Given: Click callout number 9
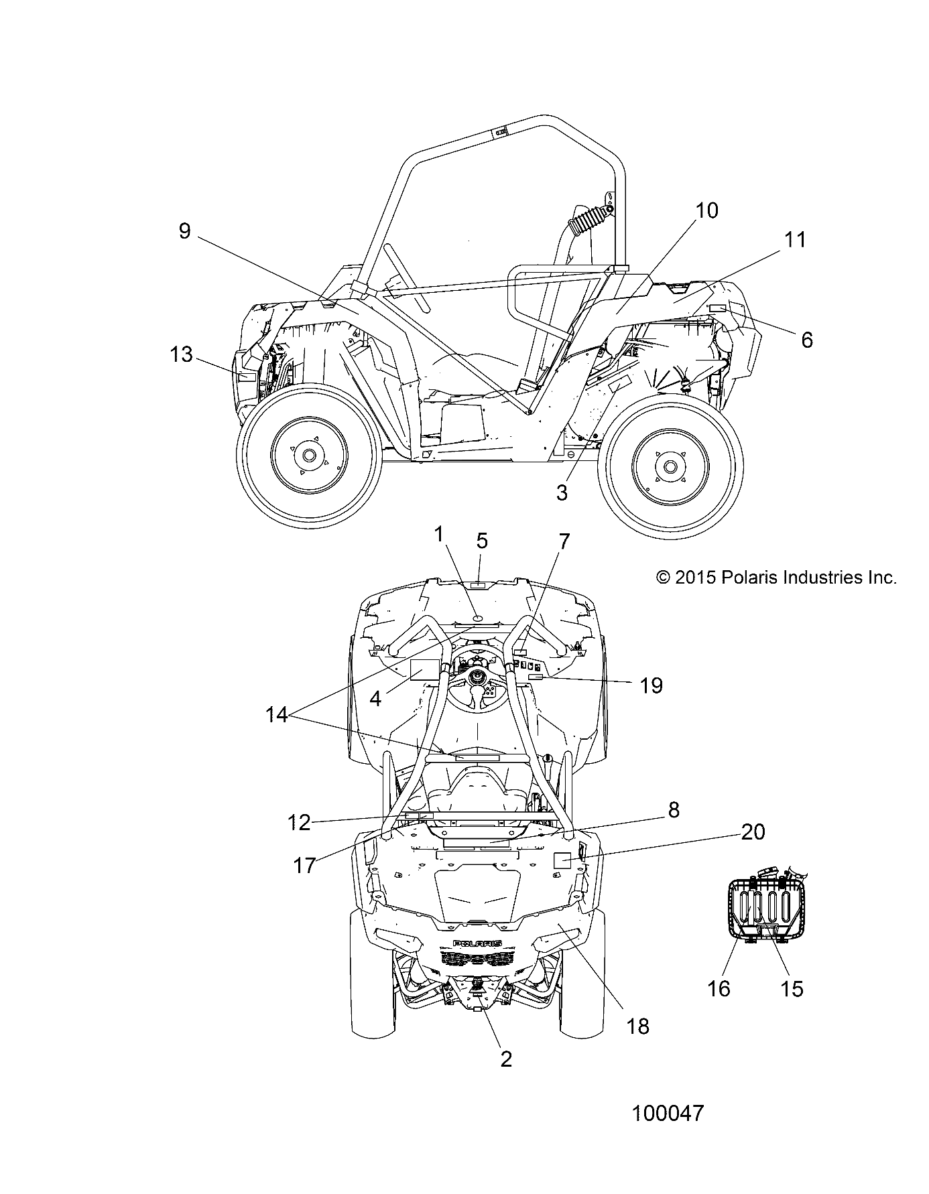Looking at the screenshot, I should (185, 231).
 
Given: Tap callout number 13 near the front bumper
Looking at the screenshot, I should (181, 354).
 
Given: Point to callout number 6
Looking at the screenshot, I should (807, 340).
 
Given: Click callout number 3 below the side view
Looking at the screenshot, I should (562, 492).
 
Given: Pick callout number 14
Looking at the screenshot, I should (276, 715).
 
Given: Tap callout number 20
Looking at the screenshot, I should (753, 832).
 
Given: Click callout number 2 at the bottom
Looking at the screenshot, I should (506, 1058).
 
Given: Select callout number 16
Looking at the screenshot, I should (719, 988).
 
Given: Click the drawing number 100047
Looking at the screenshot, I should (668, 1113).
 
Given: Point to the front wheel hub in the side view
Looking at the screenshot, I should (308, 455).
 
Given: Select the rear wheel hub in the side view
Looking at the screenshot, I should (668, 466).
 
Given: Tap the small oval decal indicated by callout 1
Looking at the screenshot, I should (478, 617).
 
